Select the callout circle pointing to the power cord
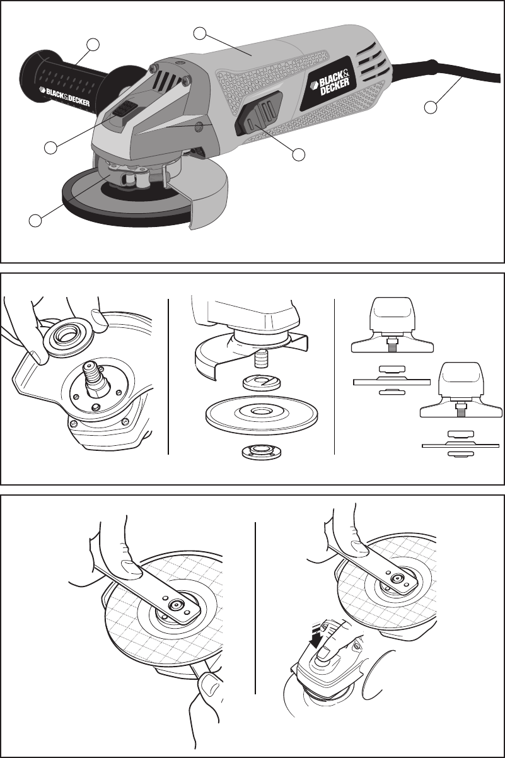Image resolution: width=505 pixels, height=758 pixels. pos(431,107)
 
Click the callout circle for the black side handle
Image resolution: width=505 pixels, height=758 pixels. pos(93,45)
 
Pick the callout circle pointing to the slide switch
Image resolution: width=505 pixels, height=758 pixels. pos(298,155)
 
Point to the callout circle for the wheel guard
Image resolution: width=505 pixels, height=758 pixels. pos(35,220)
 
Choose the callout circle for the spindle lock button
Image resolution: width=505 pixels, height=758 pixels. pos(50,148)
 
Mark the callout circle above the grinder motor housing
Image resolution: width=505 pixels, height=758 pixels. pos(200,33)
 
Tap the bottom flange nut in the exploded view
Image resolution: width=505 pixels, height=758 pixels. pos(258,451)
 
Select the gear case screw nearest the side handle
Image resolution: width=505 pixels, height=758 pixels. pos(153,68)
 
